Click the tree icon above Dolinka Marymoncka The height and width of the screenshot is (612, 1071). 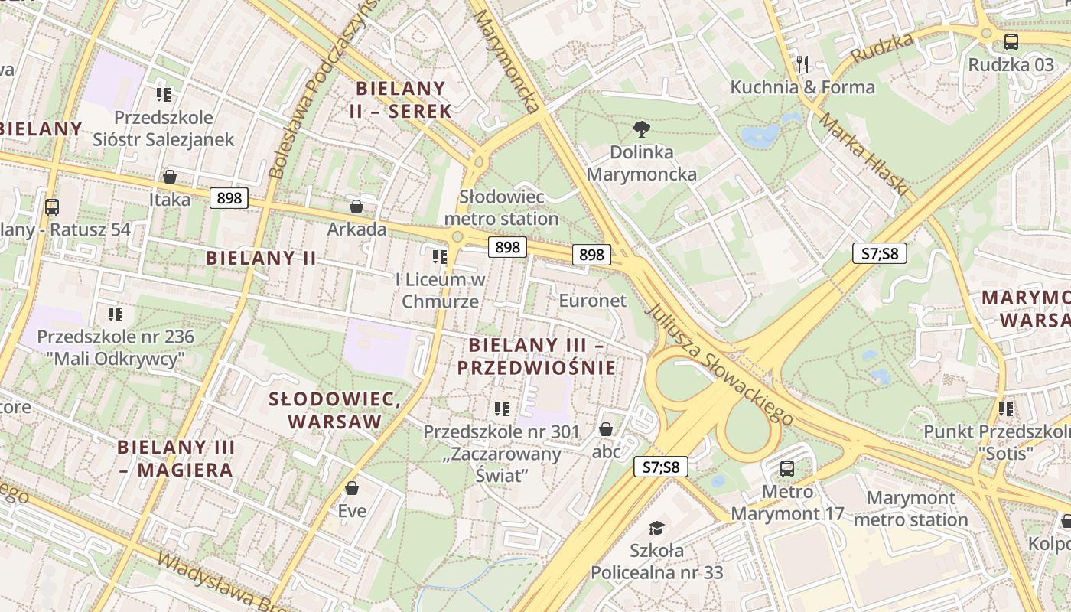pos(641,129)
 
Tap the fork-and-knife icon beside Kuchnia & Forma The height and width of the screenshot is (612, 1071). pos(802,63)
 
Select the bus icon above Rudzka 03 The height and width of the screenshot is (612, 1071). pos(1011,41)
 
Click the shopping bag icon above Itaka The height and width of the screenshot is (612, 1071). pos(170,177)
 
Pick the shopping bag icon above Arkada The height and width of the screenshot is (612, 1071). pos(356,206)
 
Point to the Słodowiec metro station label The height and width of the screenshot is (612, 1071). pos(502,208)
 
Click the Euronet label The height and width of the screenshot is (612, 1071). pos(592,300)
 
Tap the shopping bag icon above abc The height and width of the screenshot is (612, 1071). pos(606,428)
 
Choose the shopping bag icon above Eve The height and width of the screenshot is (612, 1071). pos(352,487)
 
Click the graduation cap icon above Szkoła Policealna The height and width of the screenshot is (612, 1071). pos(656,527)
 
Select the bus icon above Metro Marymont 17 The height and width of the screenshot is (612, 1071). pos(787,468)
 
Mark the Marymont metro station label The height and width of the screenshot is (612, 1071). pos(910,509)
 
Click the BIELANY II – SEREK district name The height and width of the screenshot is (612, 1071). pos(401,99)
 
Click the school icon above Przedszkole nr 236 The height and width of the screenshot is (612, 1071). pos(116,314)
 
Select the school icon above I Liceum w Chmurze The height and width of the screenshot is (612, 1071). pos(440,256)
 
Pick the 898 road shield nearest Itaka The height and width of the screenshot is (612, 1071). pos(229,198)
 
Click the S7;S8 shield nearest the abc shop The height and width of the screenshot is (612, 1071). pos(661,467)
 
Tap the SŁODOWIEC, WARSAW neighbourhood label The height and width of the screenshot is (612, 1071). pos(335,410)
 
